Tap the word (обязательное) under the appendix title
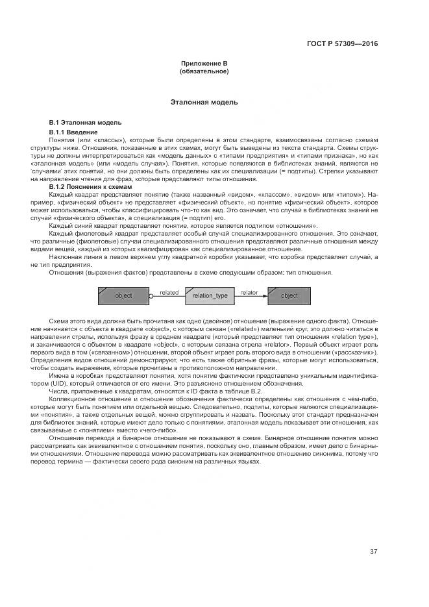[x=204, y=71]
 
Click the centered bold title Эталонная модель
[x=204, y=102]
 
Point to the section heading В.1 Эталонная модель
[x=85, y=123]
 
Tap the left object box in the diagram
[x=123, y=295]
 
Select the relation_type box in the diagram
[x=210, y=296]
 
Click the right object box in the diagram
[x=289, y=295]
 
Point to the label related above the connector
[x=169, y=292]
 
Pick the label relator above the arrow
[x=249, y=292]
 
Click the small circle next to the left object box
[x=151, y=296]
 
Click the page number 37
[x=374, y=552]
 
